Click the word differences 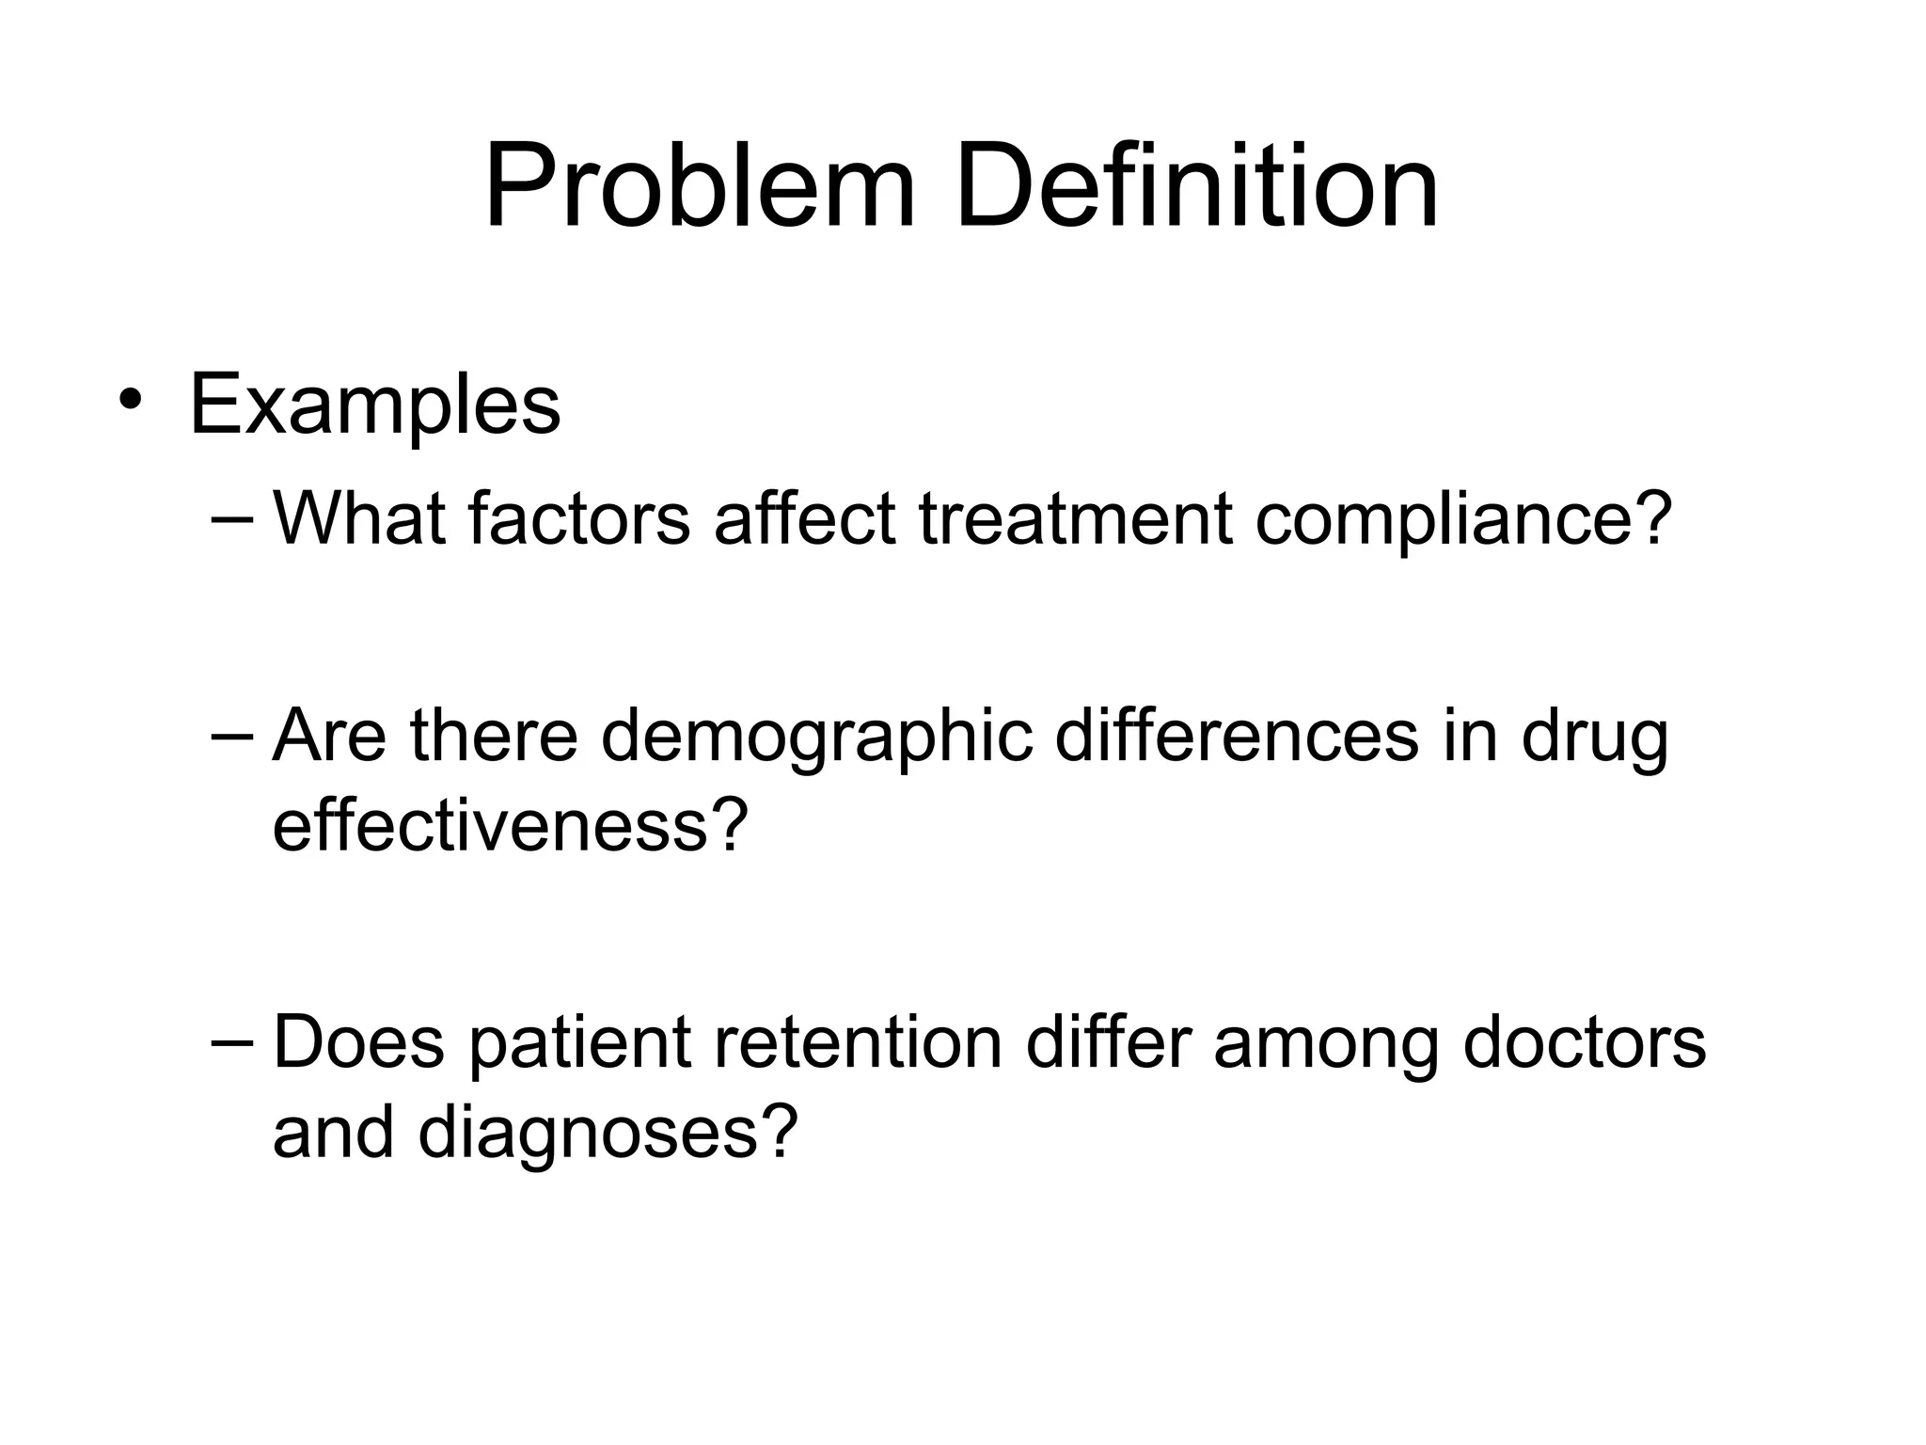tap(1236, 736)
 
